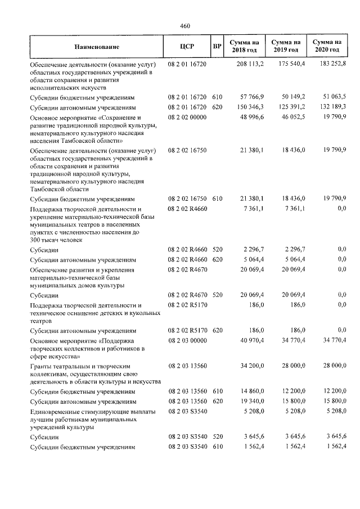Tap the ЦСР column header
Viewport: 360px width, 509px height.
tap(186, 46)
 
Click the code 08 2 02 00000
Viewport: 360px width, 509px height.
tap(187, 116)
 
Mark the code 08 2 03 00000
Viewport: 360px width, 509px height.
tap(187, 340)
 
